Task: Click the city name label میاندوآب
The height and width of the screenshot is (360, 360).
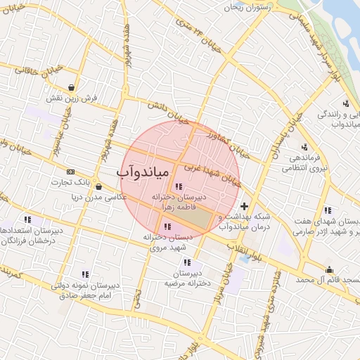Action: click(x=141, y=172)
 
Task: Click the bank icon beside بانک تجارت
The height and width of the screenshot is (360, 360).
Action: click(x=70, y=172)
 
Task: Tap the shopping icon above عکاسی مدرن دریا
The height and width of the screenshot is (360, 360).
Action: click(x=98, y=187)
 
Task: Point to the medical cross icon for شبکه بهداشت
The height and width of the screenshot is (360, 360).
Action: click(x=244, y=206)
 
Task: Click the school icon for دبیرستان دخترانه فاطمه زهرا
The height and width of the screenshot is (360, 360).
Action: click(x=179, y=186)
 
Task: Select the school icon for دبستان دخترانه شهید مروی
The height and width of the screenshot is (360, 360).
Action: click(x=167, y=226)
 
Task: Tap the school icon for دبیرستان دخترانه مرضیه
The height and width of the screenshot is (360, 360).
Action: click(x=187, y=262)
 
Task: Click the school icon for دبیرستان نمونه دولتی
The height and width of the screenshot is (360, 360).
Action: click(x=85, y=274)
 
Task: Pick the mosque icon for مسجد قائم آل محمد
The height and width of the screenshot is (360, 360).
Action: click(x=329, y=269)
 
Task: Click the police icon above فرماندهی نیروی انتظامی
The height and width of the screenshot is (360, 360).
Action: click(x=304, y=148)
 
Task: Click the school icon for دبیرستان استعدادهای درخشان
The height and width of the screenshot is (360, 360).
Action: click(x=27, y=219)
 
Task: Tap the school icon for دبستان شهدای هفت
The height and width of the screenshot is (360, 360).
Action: click(x=328, y=210)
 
